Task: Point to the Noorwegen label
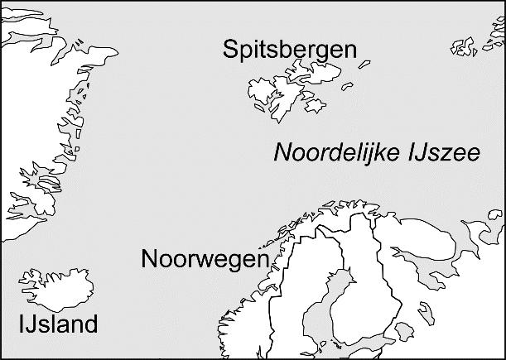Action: (205, 258)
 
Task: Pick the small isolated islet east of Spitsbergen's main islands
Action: (365, 64)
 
